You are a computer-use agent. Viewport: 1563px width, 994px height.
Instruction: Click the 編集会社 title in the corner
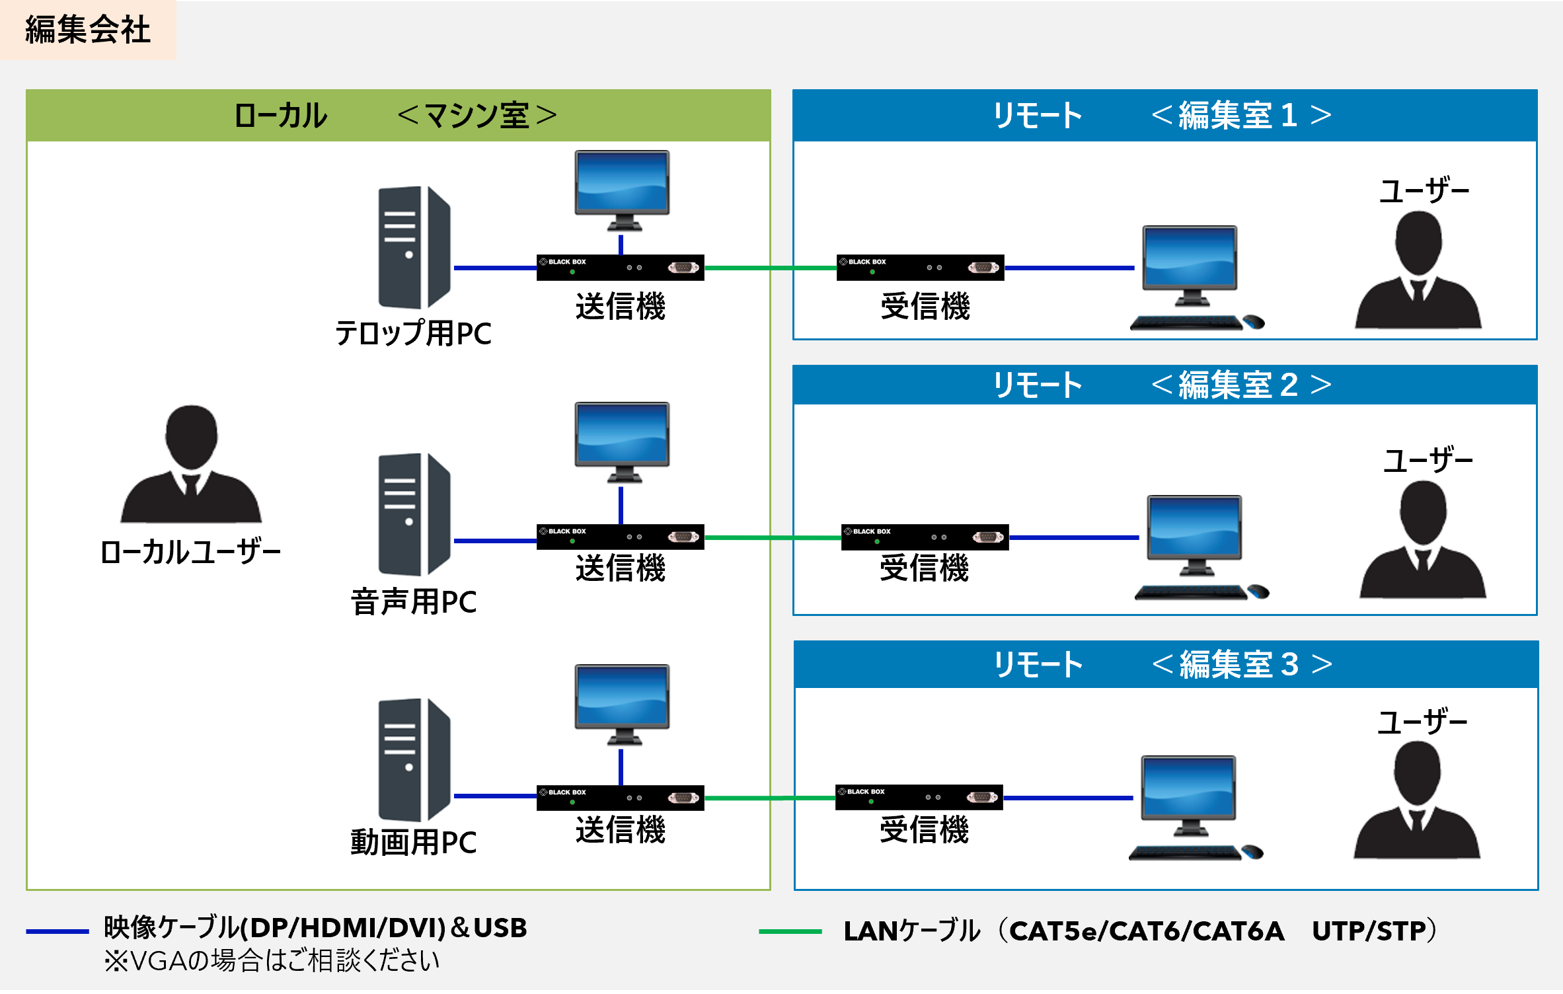point(87,30)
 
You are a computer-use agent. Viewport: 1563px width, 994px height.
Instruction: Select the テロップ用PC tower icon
point(414,247)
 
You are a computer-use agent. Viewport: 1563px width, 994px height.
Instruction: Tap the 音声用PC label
point(414,602)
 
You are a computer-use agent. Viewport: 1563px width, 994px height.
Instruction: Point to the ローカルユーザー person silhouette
point(191,465)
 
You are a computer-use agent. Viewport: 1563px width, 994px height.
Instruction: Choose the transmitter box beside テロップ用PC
point(620,268)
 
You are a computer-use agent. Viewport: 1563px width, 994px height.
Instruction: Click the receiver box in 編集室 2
point(925,537)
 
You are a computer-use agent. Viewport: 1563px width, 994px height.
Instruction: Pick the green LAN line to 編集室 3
point(769,798)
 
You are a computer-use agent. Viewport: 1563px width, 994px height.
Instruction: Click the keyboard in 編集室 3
point(1185,853)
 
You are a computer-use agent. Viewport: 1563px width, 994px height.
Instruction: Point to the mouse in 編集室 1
point(1254,323)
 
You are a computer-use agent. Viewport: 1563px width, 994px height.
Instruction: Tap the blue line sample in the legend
point(57,931)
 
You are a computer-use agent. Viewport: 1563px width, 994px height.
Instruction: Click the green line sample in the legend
point(790,931)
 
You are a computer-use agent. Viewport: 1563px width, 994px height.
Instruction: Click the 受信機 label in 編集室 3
point(924,830)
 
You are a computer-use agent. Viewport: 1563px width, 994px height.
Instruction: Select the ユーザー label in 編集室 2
point(1428,460)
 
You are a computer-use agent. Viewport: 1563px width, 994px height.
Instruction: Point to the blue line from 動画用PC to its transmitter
point(495,796)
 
